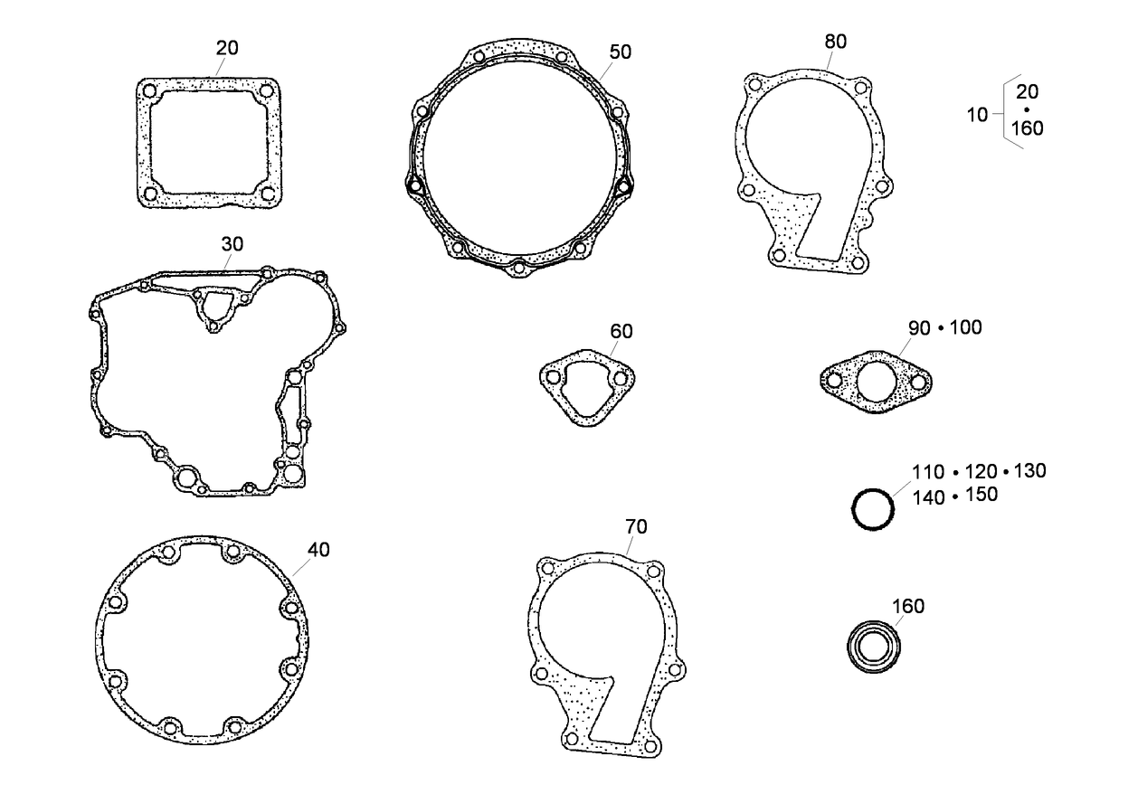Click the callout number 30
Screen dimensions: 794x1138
click(x=232, y=245)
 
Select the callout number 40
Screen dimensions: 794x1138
click(x=318, y=549)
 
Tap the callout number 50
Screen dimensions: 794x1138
click(x=620, y=52)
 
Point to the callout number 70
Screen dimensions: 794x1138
click(x=636, y=526)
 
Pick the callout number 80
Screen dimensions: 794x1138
click(x=836, y=42)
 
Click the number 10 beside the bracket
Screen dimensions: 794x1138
click(x=977, y=115)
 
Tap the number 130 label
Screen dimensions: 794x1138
click(x=1029, y=471)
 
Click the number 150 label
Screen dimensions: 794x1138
click(x=982, y=495)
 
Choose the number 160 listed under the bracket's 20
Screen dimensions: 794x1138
click(x=1027, y=128)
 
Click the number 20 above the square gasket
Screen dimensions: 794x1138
click(x=227, y=48)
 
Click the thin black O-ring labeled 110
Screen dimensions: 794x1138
click(x=874, y=511)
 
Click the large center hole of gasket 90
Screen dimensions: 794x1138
click(x=875, y=381)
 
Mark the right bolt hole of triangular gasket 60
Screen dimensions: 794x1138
click(x=620, y=379)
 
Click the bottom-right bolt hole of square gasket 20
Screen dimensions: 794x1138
click(x=267, y=194)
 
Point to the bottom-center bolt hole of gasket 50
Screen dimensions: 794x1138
click(x=517, y=267)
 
